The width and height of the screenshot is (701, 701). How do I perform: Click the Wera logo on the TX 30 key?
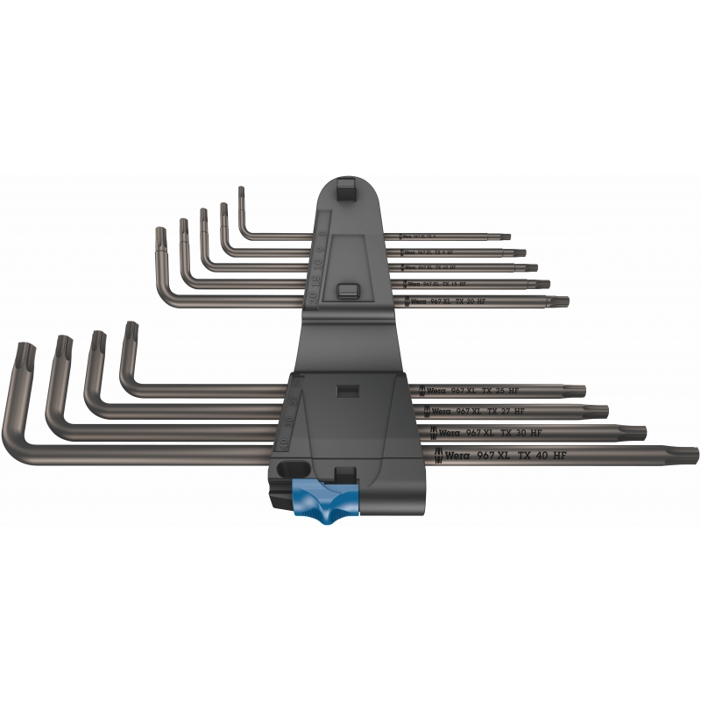point(448,432)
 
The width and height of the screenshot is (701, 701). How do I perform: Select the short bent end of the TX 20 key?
point(160,237)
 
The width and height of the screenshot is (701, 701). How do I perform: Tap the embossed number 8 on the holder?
point(324,236)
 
